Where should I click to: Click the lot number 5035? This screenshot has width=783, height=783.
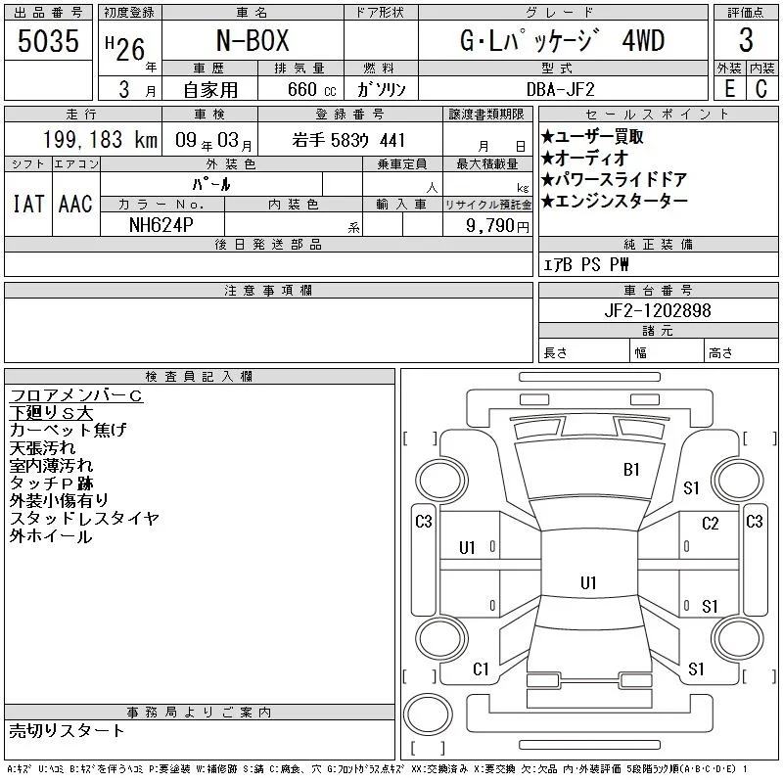pos(48,40)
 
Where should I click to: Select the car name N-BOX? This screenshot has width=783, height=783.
pos(253,40)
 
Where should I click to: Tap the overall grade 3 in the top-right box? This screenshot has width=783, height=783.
pos(746,40)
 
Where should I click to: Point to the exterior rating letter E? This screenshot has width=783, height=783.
pos(729,88)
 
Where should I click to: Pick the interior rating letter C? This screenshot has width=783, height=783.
pos(761,88)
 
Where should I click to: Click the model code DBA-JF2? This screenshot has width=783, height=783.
pos(560,89)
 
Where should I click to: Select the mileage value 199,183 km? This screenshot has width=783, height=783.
pos(100,139)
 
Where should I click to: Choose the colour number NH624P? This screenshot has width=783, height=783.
pos(161,225)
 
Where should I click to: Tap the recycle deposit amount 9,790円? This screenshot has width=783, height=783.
pos(497,226)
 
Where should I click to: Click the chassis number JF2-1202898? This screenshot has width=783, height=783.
pos(657,310)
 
